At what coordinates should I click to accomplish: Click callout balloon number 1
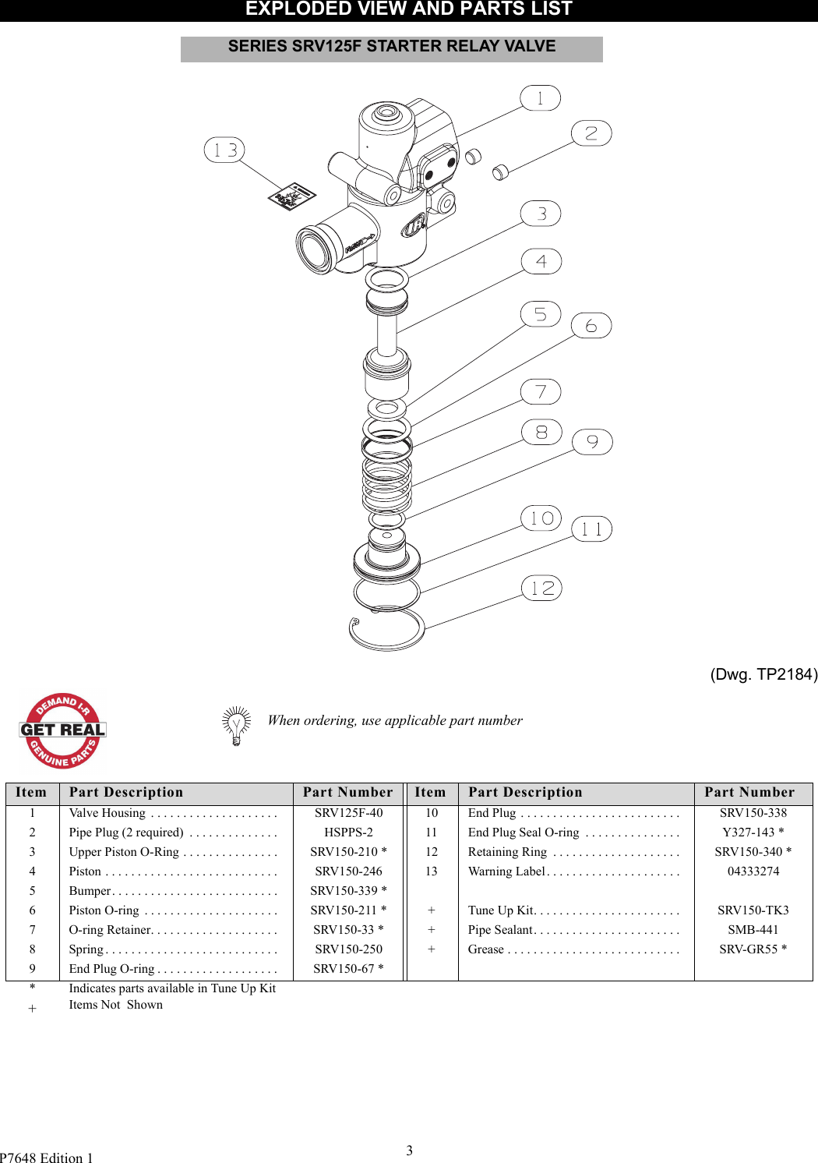[540, 98]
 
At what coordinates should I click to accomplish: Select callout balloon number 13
[224, 150]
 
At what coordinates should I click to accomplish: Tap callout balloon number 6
[591, 326]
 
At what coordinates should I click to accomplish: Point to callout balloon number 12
[541, 589]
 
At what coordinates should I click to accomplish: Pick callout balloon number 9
[592, 442]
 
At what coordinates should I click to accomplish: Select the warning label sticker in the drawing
[291, 196]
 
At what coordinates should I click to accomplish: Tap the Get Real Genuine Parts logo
[62, 730]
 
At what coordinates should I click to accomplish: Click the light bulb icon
[236, 726]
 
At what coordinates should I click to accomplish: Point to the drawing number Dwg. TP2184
[763, 674]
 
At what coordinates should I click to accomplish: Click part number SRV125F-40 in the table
[348, 813]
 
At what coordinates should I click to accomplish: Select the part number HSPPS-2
[348, 832]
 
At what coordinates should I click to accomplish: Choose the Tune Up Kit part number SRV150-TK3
[753, 910]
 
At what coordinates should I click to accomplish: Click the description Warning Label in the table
[506, 871]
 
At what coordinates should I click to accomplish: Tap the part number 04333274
[753, 871]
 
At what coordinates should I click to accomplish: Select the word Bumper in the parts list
[90, 891]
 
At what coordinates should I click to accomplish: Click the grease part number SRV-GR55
[748, 949]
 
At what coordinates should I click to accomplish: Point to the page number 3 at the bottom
[409, 1150]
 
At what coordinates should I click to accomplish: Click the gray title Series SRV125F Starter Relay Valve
[391, 48]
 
